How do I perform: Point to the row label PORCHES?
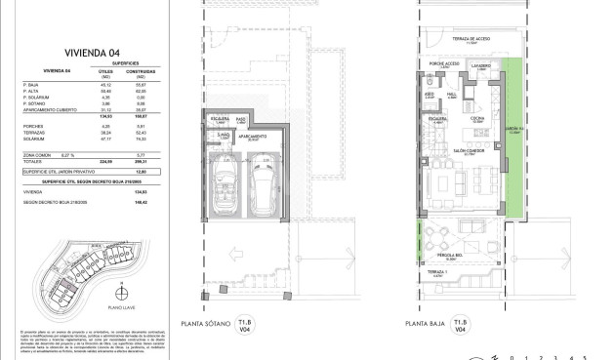coord(31,127)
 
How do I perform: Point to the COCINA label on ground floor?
coord(480,119)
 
